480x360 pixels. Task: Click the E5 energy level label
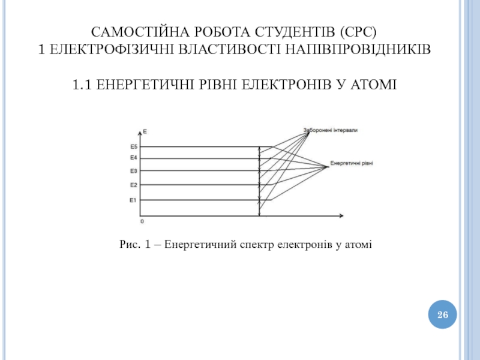[134, 146]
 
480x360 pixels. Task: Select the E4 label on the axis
[134, 158]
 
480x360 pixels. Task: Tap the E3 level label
[134, 171]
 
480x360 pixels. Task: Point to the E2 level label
[134, 185]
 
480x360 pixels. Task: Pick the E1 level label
[134, 200]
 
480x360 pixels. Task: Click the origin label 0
[142, 221]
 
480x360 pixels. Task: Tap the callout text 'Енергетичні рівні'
[351, 164]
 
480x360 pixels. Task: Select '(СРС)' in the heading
[361, 31]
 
